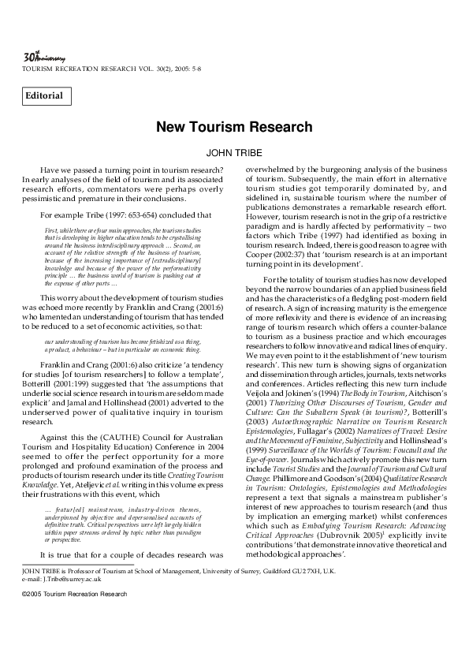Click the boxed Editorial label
(x=47, y=96)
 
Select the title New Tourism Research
(x=234, y=127)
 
